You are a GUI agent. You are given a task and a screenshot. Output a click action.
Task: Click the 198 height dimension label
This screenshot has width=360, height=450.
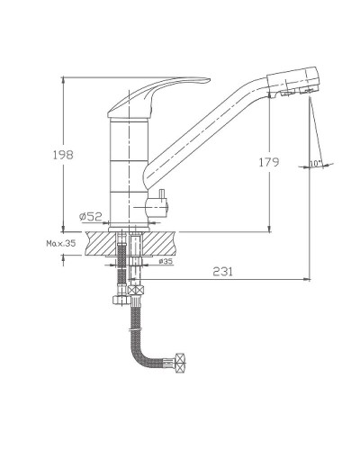63,155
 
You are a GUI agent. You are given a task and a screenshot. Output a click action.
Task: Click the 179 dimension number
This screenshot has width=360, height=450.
269,162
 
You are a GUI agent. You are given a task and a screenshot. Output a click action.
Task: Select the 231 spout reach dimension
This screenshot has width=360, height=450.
222,272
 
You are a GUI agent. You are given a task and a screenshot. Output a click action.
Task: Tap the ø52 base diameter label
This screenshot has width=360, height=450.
91,216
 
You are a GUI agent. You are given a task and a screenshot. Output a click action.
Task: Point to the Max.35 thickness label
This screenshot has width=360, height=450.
61,243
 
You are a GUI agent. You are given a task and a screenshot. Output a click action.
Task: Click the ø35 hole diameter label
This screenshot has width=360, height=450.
166,261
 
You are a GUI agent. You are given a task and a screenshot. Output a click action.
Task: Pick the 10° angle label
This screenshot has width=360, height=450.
315,164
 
